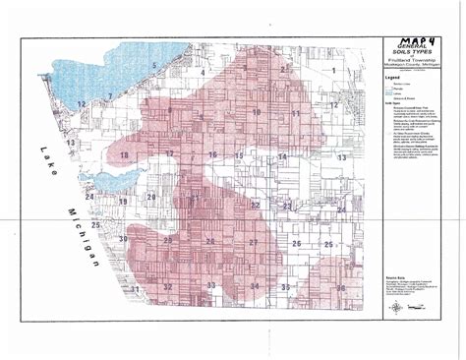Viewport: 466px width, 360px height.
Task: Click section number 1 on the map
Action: [x=333, y=71]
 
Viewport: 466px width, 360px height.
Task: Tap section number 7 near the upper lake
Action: [x=110, y=95]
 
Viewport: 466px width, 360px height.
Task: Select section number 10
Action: [x=257, y=113]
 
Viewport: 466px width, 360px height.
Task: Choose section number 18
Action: [x=123, y=156]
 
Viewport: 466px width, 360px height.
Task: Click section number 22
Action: [x=255, y=205]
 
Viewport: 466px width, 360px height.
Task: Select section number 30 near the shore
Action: [x=124, y=239]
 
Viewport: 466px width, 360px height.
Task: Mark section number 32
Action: [x=168, y=287]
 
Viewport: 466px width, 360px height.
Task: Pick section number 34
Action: [x=255, y=286]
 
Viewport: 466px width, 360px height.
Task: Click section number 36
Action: [x=340, y=287]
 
